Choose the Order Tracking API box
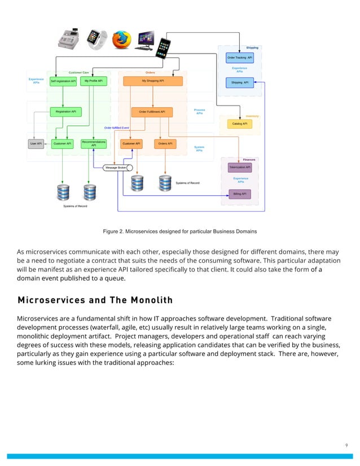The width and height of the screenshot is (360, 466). [x=240, y=58]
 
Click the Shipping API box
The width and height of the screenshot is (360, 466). [x=240, y=82]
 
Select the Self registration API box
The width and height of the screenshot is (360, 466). [x=63, y=81]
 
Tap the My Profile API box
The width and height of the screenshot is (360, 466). [x=93, y=81]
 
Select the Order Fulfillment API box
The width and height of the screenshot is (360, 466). [x=152, y=112]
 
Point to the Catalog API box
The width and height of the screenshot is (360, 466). [x=240, y=124]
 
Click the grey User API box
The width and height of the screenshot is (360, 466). [x=35, y=144]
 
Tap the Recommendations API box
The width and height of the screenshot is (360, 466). [x=94, y=144]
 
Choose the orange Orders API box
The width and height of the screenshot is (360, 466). [x=165, y=144]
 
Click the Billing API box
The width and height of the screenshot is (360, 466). [x=240, y=194]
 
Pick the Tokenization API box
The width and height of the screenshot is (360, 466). [x=240, y=167]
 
